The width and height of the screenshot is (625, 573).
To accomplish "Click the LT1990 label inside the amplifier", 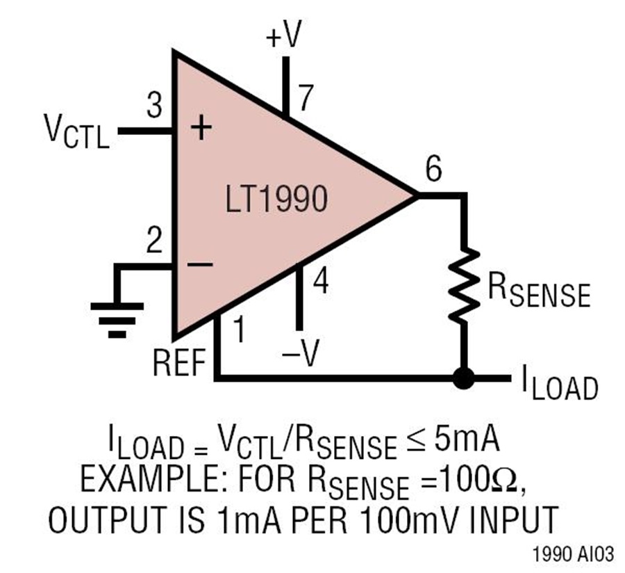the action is click(276, 199).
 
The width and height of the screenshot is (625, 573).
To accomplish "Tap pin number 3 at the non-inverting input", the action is click(155, 105).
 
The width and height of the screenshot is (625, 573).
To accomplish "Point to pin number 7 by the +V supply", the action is click(305, 98).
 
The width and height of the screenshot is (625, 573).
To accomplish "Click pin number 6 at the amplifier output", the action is click(433, 169).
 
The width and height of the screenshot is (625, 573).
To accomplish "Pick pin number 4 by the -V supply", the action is click(321, 282).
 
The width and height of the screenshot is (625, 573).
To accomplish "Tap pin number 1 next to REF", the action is click(238, 330).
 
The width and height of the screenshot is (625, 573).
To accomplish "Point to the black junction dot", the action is click(464, 378).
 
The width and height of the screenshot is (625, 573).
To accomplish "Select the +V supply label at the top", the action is click(284, 34).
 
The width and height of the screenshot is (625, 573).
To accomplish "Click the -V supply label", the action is click(301, 353).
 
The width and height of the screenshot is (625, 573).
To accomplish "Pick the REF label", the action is click(179, 362).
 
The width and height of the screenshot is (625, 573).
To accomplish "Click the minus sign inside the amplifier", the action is click(200, 264).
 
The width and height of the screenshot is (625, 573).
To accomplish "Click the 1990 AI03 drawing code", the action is click(573, 554).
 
